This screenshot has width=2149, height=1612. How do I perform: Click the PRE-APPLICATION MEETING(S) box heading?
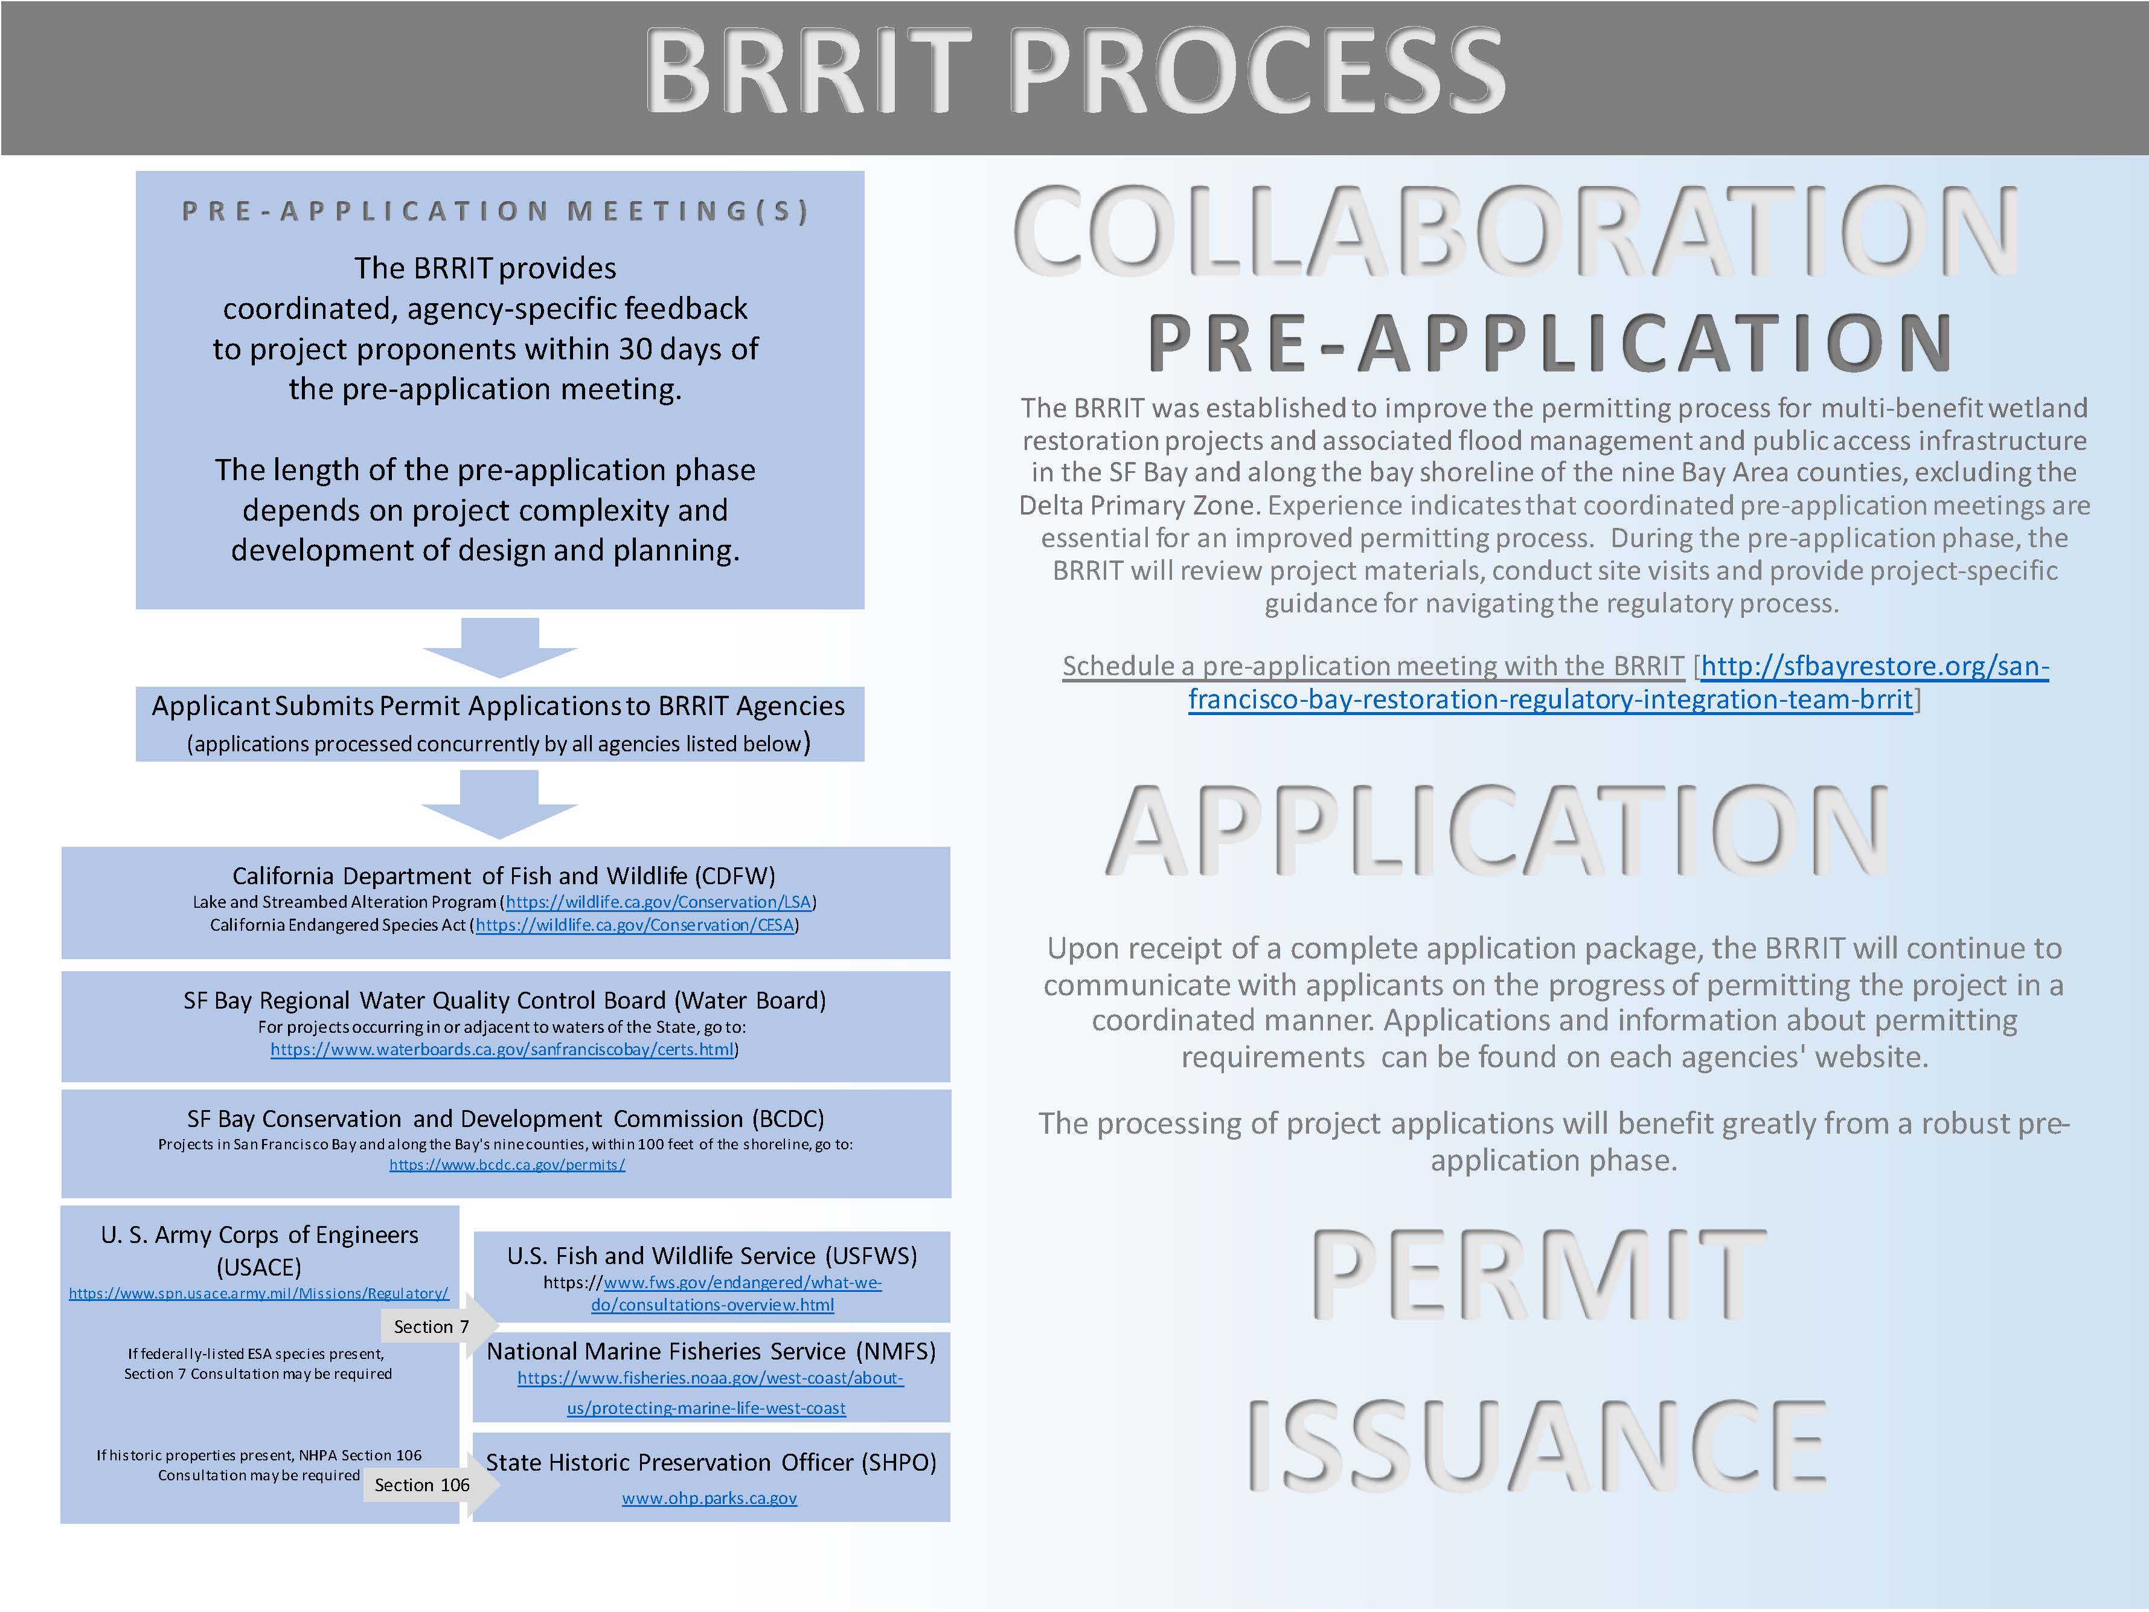(496, 211)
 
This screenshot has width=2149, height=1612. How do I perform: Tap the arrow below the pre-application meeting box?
(499, 647)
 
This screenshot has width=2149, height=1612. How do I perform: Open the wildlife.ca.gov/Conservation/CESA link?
(635, 925)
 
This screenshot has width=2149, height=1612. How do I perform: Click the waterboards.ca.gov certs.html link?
(502, 1050)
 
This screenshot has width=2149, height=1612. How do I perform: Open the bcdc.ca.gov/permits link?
(507, 1165)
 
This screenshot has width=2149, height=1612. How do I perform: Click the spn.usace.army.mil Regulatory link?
(258, 1293)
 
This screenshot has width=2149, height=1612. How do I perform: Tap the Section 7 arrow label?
(431, 1326)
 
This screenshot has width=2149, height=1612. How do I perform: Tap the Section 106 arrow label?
(421, 1485)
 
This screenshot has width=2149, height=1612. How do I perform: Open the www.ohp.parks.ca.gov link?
(709, 1498)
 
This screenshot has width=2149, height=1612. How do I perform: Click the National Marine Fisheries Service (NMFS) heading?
(711, 1352)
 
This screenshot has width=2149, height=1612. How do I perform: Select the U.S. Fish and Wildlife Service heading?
(712, 1256)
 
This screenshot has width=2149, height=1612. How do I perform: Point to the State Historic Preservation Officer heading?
(711, 1462)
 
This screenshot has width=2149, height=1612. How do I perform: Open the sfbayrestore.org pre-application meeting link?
(1619, 682)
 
